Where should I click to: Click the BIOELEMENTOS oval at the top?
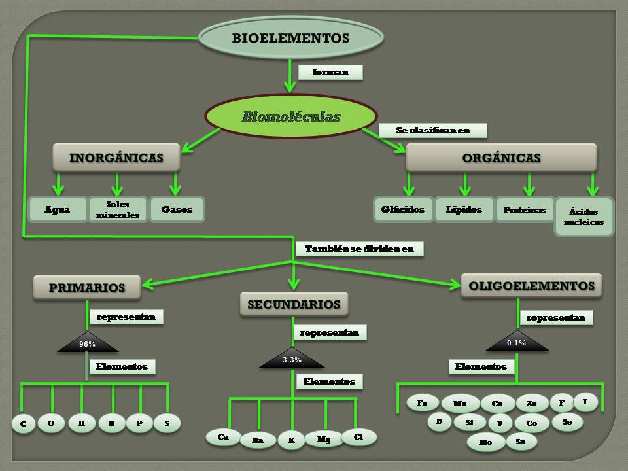point(290,39)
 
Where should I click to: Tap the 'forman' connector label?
point(331,73)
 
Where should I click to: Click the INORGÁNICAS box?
point(116,158)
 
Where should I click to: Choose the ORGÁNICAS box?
point(501,158)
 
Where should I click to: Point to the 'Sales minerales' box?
point(118,210)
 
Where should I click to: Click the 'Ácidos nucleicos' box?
point(584,217)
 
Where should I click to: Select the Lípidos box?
point(464,210)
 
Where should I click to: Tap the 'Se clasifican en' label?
point(433,131)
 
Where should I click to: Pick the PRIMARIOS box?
point(87,287)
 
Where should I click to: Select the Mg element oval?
point(323,440)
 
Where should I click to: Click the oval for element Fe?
point(423,403)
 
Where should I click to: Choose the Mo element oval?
point(485,442)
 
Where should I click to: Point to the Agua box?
point(58,210)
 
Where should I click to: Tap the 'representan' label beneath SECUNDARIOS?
point(330,333)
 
